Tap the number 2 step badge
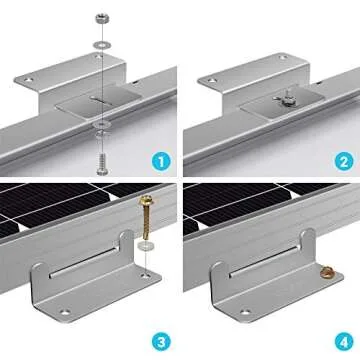(336, 158)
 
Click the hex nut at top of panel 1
(104, 18)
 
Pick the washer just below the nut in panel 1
(104, 44)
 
